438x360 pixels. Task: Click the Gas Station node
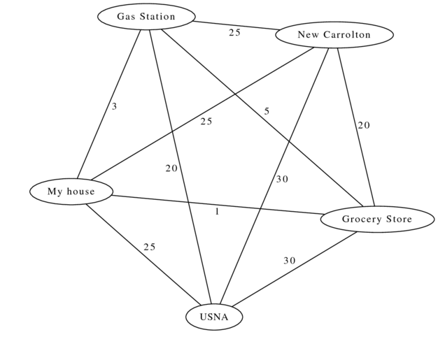click(x=146, y=17)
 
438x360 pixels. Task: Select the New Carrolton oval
click(x=334, y=34)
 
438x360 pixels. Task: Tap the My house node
click(x=71, y=191)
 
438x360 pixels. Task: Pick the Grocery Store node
click(x=376, y=219)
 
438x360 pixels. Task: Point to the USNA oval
click(x=214, y=317)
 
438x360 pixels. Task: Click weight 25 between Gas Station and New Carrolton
click(x=234, y=32)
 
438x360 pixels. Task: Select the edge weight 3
click(x=114, y=106)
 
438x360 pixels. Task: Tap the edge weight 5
click(x=267, y=111)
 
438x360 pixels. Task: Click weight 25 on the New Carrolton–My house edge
click(x=206, y=122)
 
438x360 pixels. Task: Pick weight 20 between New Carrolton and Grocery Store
click(x=364, y=125)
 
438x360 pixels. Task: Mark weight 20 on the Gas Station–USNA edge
click(x=171, y=168)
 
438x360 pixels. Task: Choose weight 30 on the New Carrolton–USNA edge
click(x=282, y=179)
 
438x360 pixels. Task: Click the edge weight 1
click(x=217, y=211)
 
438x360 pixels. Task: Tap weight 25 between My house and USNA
click(x=150, y=247)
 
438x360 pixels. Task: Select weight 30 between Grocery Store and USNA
click(x=290, y=261)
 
